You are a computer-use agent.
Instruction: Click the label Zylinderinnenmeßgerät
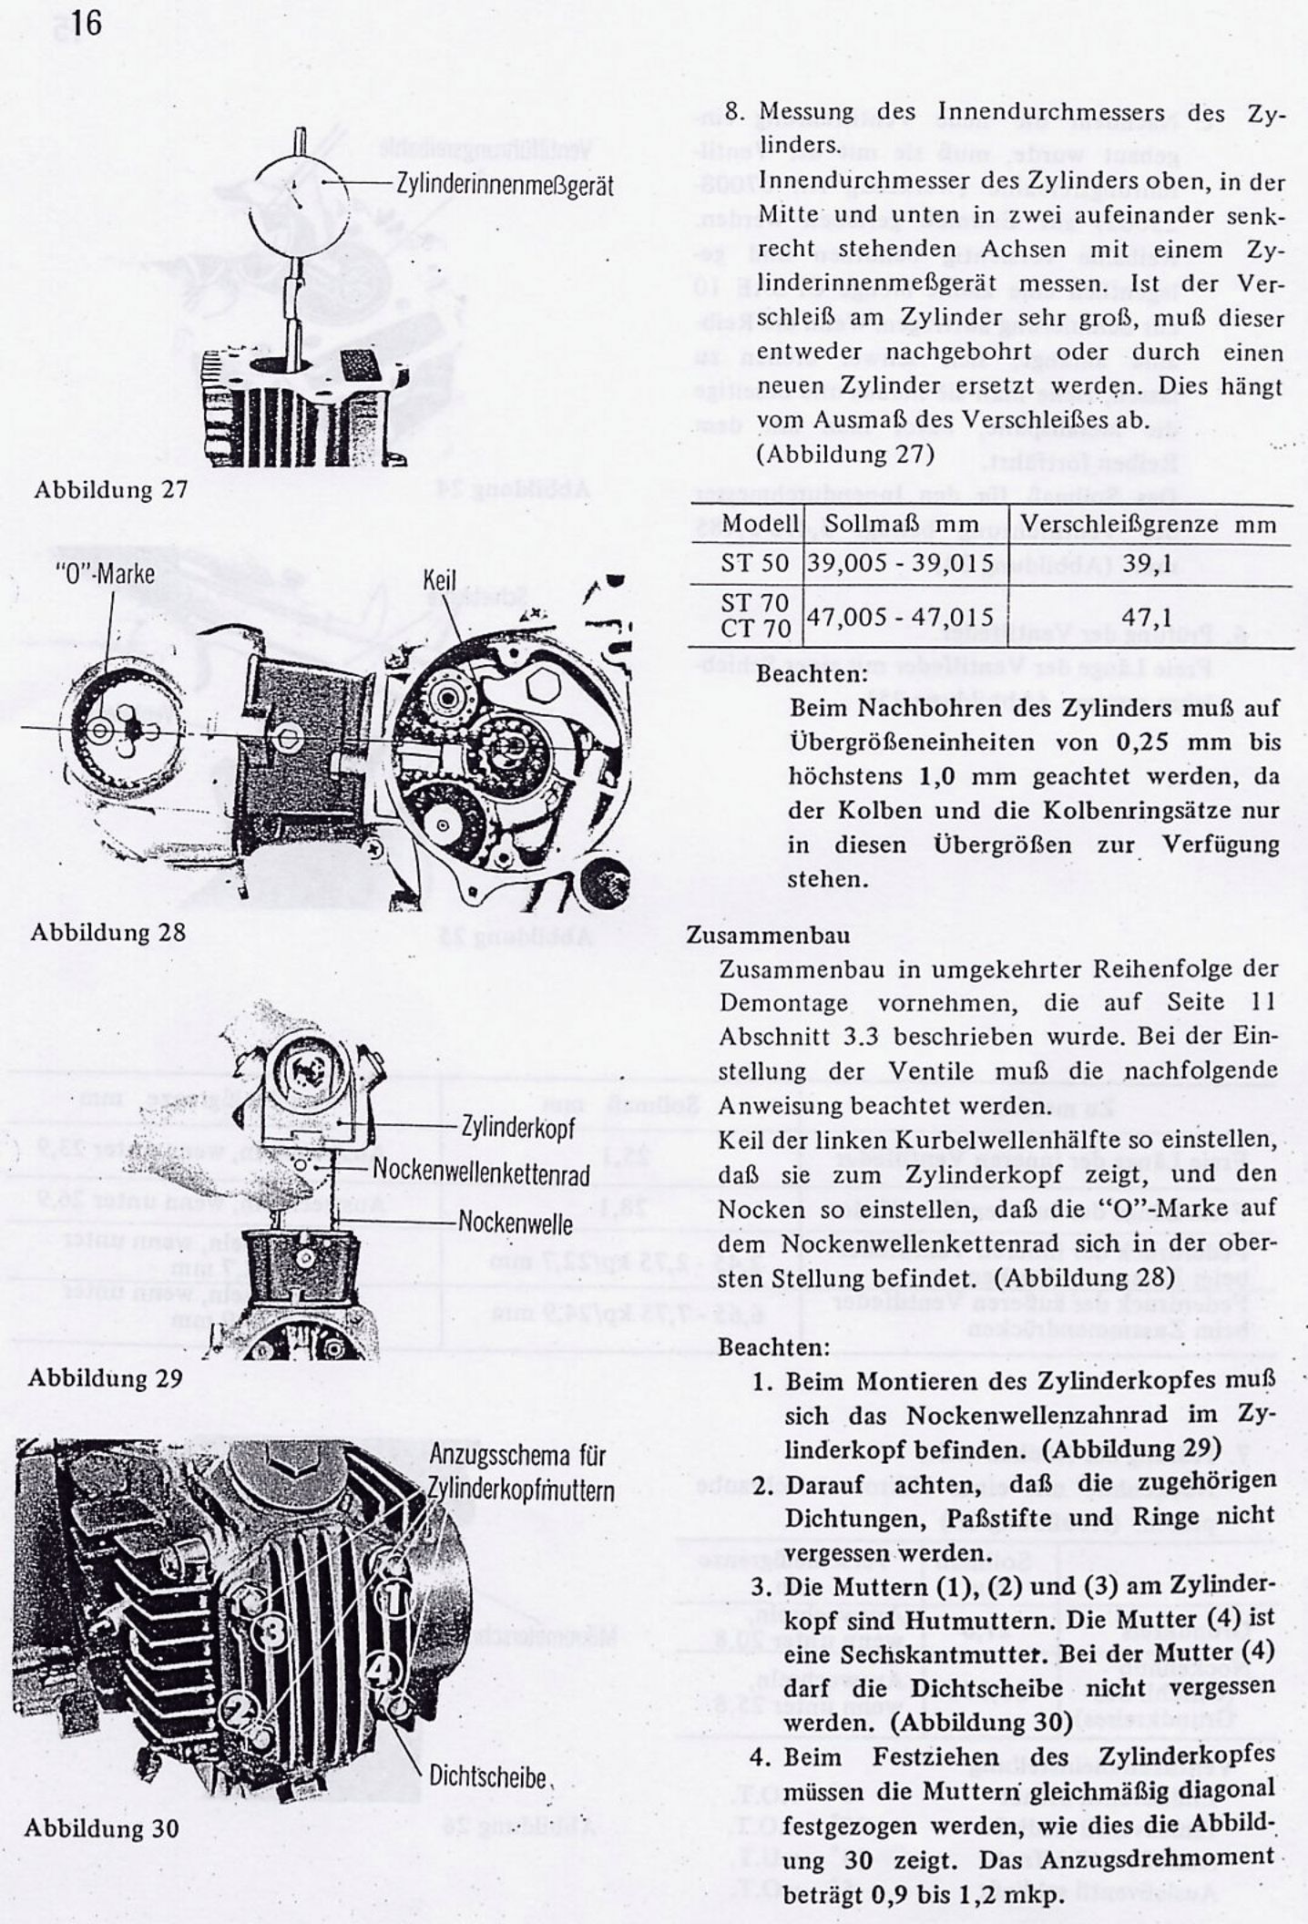click(x=505, y=185)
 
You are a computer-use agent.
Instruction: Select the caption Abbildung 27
click(x=110, y=489)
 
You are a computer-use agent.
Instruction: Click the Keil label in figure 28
click(x=439, y=580)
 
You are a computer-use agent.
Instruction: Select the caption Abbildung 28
click(x=107, y=932)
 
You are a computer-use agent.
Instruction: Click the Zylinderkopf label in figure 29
click(x=517, y=1127)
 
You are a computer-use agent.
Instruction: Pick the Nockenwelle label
click(x=516, y=1222)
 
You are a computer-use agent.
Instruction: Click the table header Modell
click(x=760, y=525)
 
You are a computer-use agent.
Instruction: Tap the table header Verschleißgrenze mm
click(x=1148, y=525)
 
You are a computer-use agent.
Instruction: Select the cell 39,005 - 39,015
click(x=901, y=563)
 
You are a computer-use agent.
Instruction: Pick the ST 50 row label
click(x=754, y=563)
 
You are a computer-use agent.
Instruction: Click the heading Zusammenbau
click(x=768, y=935)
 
